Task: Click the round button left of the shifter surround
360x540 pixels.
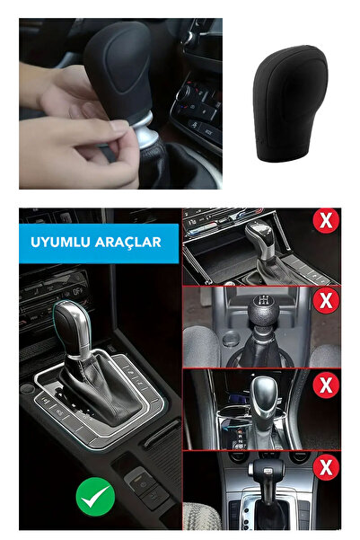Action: coord(28,389)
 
